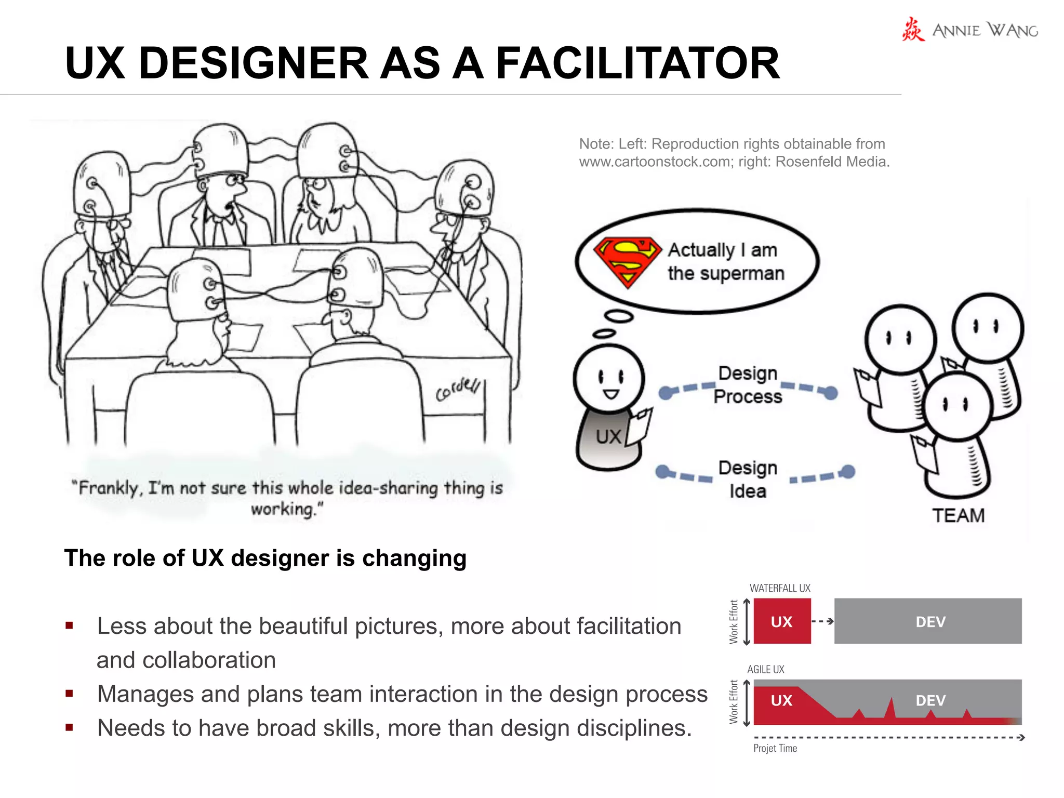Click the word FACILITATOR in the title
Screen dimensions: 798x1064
click(x=637, y=63)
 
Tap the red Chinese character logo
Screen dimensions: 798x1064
click(x=913, y=30)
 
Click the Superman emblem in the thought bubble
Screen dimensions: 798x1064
click(x=628, y=262)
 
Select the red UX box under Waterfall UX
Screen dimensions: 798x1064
click(x=781, y=621)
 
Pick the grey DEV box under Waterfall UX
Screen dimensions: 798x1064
click(x=928, y=621)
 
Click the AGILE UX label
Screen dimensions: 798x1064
click(x=766, y=669)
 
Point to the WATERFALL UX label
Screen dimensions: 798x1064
click(x=780, y=588)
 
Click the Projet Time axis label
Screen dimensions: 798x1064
click(x=775, y=748)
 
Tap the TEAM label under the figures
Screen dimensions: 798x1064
click(x=958, y=515)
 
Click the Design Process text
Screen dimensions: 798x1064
click(x=748, y=384)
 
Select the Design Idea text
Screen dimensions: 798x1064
click(x=748, y=479)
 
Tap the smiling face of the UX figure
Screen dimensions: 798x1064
click(x=610, y=379)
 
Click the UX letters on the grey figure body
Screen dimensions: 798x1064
click(x=608, y=437)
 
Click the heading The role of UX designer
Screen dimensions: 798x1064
click(x=265, y=558)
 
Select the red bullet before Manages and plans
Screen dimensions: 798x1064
click(x=69, y=694)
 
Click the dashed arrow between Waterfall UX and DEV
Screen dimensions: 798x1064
click(x=822, y=621)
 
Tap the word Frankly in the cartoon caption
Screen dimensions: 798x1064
click(x=109, y=488)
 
